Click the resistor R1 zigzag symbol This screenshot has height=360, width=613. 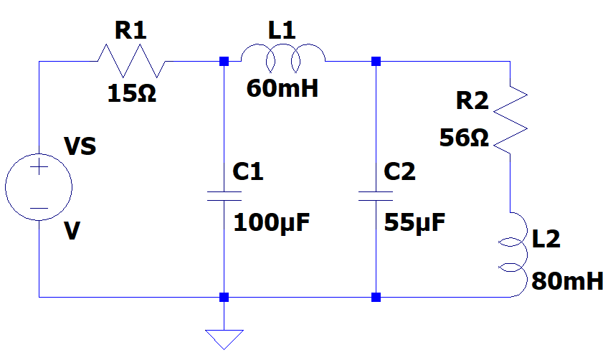[x=131, y=61]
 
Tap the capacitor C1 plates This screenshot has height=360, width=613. [x=224, y=196]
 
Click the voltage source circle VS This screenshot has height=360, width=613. [x=39, y=189]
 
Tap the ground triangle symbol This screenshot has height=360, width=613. [x=224, y=338]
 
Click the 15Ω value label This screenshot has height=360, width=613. [x=132, y=93]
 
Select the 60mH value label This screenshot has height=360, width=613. [x=282, y=89]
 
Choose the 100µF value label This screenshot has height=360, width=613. [x=272, y=223]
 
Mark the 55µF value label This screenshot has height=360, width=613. [x=414, y=223]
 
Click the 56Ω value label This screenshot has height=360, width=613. [x=464, y=138]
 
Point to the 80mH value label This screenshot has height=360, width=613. [x=567, y=280]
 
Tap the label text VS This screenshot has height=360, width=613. [x=80, y=148]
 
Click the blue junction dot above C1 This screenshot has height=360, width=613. [x=224, y=62]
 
